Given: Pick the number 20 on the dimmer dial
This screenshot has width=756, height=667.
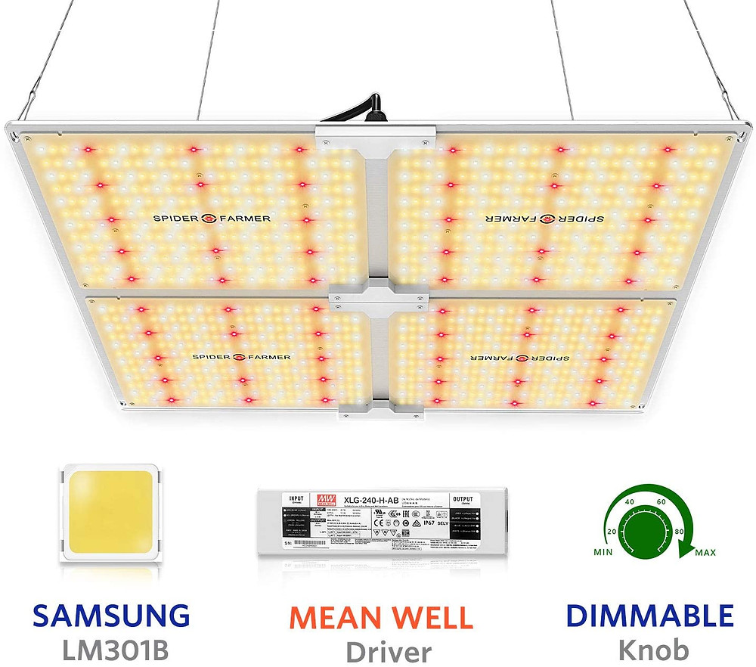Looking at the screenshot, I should click(610, 526).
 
